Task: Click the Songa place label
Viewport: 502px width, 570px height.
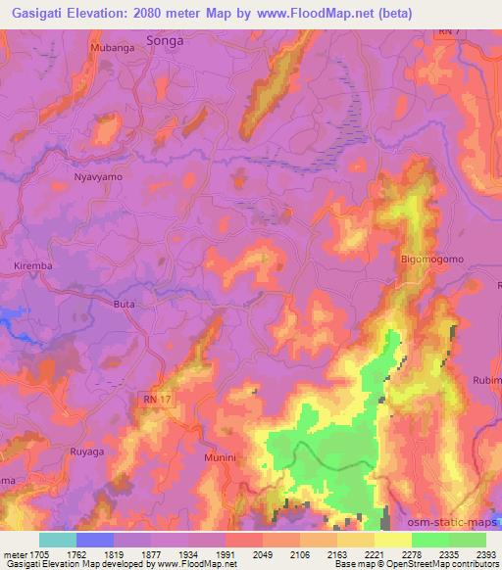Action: tap(165, 41)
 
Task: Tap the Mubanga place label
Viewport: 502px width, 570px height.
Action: tap(110, 46)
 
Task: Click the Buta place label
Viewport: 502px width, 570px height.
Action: tap(125, 305)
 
